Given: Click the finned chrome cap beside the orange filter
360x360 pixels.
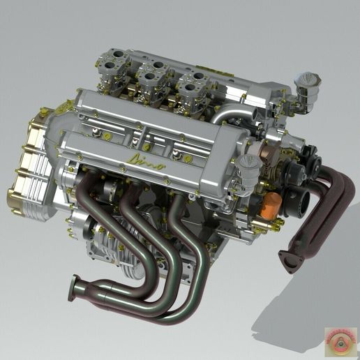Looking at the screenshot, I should point(249,167).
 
